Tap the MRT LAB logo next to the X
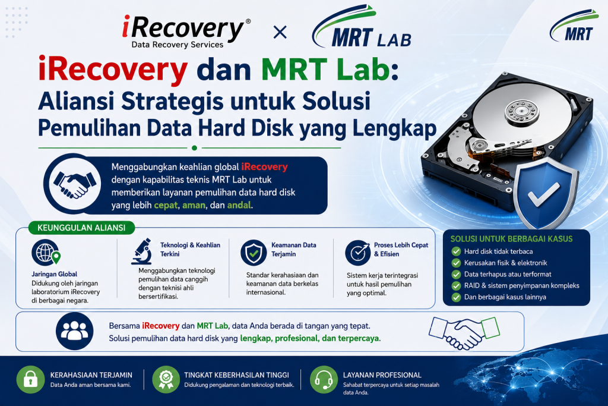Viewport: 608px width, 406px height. pos(362,27)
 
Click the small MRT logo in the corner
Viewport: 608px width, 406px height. pos(574,26)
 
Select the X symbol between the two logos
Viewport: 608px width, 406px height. pos(280,32)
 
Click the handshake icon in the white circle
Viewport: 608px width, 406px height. pos(74,184)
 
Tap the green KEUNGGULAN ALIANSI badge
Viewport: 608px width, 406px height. pos(81,228)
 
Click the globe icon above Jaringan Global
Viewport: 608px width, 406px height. pos(46,253)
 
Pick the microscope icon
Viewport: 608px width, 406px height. pos(141,251)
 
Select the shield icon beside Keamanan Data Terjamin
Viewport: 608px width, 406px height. pos(254,252)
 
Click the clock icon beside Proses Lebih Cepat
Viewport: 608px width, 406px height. pos(358,253)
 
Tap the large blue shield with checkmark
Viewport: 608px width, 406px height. pos(546,192)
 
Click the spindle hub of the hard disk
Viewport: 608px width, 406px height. pos(522,111)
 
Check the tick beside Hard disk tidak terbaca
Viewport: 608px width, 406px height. pos(456,251)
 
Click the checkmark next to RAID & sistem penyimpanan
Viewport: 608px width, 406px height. pos(456,286)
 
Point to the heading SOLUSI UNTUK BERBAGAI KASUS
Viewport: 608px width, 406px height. pos(511,239)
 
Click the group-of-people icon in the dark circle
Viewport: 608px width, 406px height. pos(74,331)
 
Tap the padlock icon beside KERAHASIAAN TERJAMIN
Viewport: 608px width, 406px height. pos(31,380)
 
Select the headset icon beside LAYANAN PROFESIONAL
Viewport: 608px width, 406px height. pos(324,380)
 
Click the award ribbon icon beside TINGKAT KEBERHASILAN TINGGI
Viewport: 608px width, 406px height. pos(166,380)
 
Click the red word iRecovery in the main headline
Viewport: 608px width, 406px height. pos(113,70)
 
